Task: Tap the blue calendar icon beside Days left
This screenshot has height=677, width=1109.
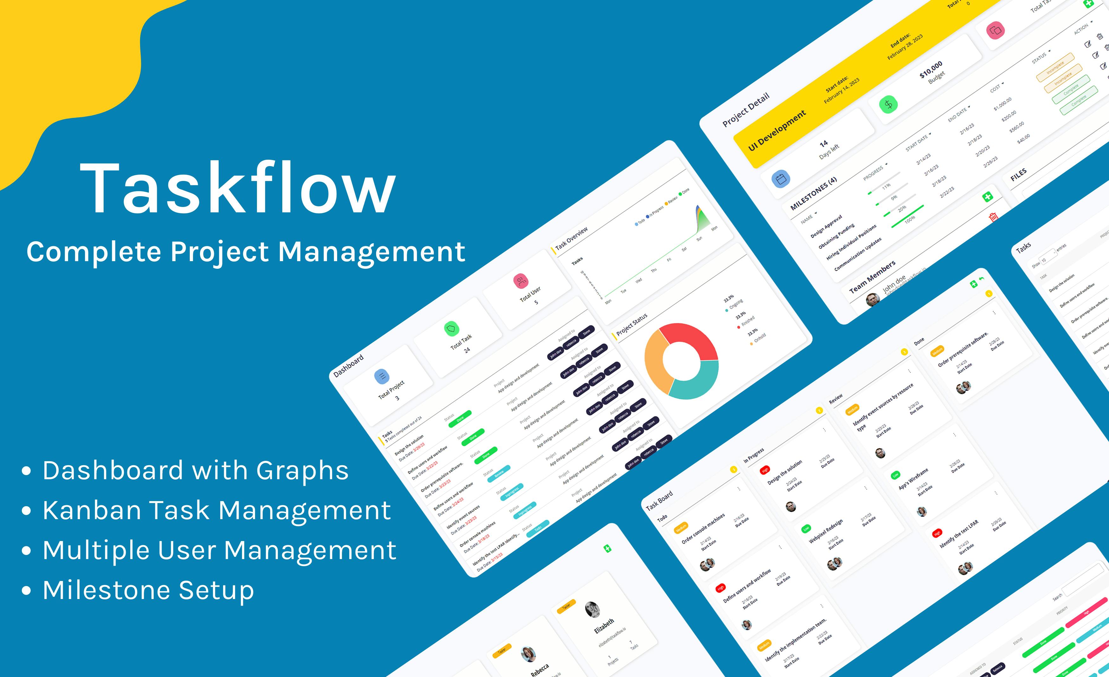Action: (x=781, y=179)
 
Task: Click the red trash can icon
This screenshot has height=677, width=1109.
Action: (x=993, y=217)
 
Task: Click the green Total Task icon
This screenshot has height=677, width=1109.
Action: (x=451, y=329)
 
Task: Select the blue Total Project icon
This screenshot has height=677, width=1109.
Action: (x=382, y=376)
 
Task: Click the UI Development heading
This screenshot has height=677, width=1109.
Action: (x=777, y=131)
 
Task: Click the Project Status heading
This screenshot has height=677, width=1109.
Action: (x=632, y=324)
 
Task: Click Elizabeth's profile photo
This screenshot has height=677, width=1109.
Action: (x=592, y=609)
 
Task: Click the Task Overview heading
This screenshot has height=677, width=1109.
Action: (x=572, y=238)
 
